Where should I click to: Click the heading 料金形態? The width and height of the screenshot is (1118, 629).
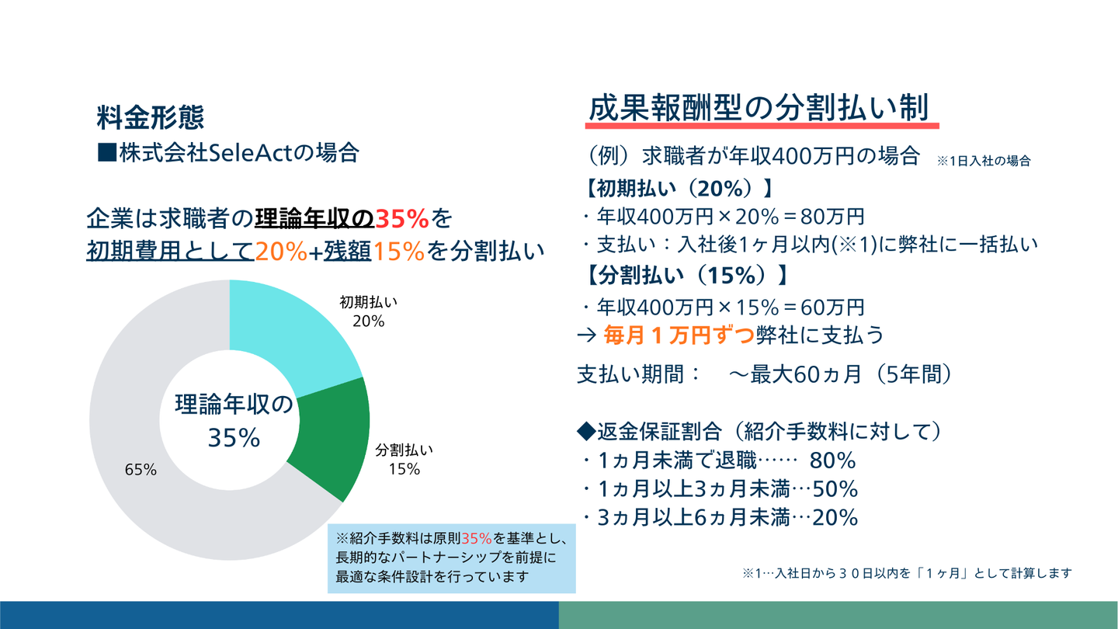(150, 117)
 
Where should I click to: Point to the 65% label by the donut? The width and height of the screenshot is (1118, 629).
(141, 470)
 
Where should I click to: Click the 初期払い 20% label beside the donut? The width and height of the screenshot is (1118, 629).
(368, 311)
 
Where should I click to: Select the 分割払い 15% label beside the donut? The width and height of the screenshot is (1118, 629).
(404, 460)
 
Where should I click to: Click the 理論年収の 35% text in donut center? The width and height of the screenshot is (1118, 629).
(234, 421)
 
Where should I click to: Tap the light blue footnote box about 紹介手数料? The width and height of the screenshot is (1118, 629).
(451, 557)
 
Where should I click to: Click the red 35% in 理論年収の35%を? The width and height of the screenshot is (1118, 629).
(402, 220)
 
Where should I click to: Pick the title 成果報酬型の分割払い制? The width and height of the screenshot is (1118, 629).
(759, 108)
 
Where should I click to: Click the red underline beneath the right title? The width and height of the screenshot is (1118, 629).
(762, 126)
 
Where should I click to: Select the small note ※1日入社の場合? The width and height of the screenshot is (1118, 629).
(984, 161)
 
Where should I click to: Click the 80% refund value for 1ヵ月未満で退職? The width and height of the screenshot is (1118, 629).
(832, 460)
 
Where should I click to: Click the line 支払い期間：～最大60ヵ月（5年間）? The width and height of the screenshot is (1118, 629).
(764, 374)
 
